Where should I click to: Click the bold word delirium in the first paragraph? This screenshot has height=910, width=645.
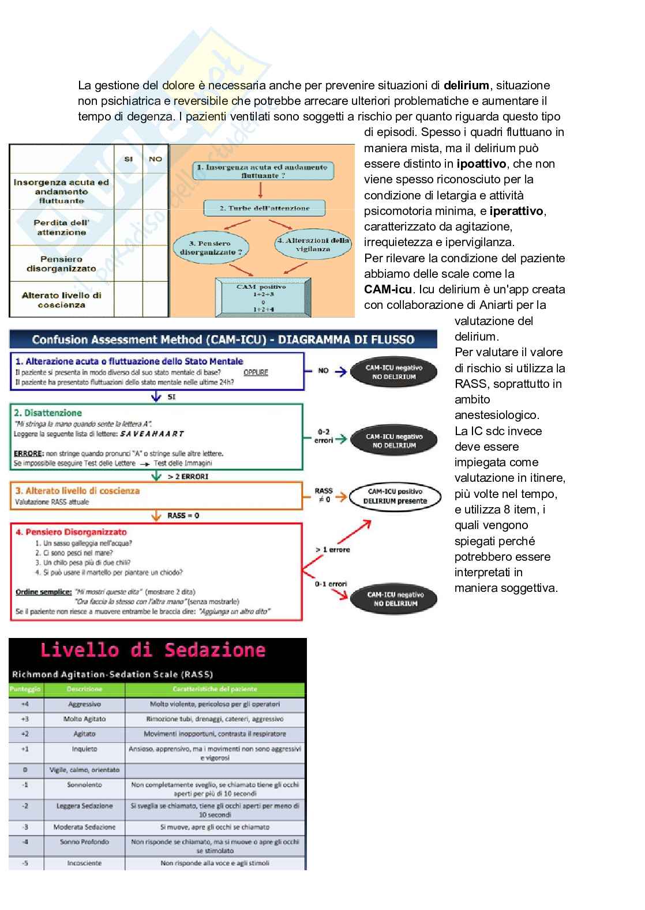(466, 85)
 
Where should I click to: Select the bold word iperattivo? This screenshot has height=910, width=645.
(516, 211)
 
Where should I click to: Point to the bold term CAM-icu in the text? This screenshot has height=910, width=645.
(388, 289)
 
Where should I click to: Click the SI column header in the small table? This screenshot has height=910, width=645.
(128, 159)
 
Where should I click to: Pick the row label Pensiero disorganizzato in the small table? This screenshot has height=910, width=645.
(62, 264)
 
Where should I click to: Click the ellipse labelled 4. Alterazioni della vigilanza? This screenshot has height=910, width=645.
(313, 244)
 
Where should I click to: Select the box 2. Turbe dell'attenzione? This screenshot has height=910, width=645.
(264, 208)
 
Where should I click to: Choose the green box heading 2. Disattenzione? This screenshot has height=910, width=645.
(48, 413)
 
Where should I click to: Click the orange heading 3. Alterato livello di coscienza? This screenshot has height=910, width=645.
(77, 491)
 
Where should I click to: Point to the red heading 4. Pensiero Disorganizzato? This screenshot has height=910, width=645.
(71, 532)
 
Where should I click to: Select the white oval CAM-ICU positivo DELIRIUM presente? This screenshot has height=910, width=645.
(395, 496)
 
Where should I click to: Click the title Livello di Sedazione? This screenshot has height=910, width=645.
(153, 650)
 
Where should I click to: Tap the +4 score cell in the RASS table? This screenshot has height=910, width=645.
(25, 704)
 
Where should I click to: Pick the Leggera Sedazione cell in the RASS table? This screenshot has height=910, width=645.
(84, 806)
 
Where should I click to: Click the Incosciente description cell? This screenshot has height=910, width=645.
(84, 863)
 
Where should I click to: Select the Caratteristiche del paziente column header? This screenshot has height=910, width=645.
(215, 689)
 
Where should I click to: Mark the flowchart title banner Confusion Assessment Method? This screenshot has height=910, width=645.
(223, 339)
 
